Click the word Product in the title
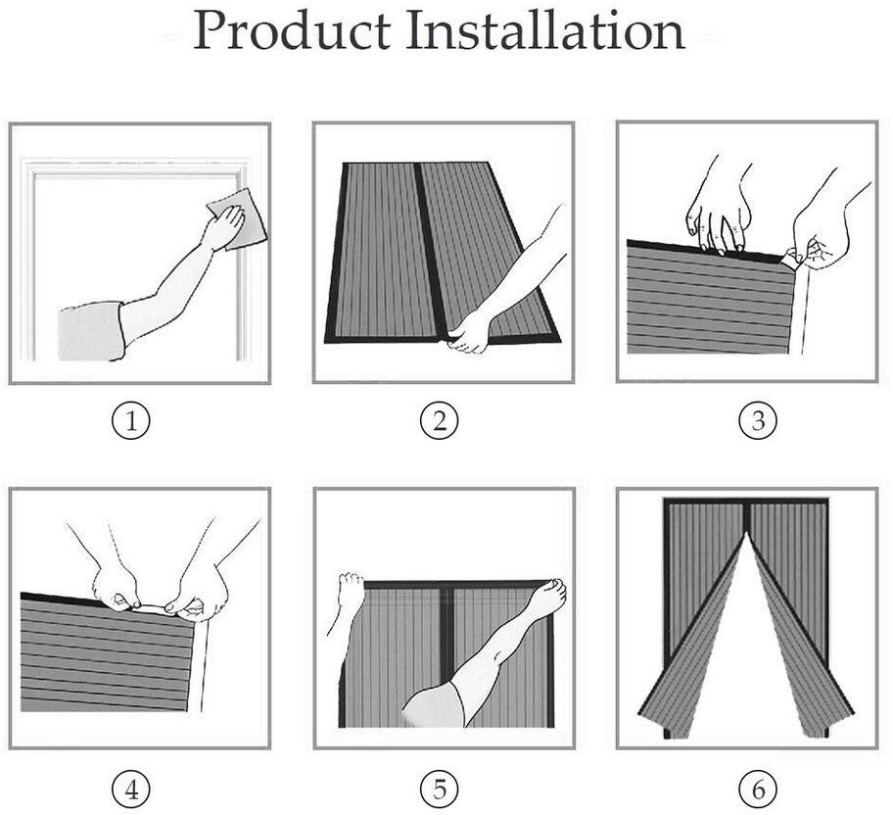point(291,31)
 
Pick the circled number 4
point(136,787)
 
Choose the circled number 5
point(440,787)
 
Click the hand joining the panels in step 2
point(470,330)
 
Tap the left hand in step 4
point(114,584)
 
